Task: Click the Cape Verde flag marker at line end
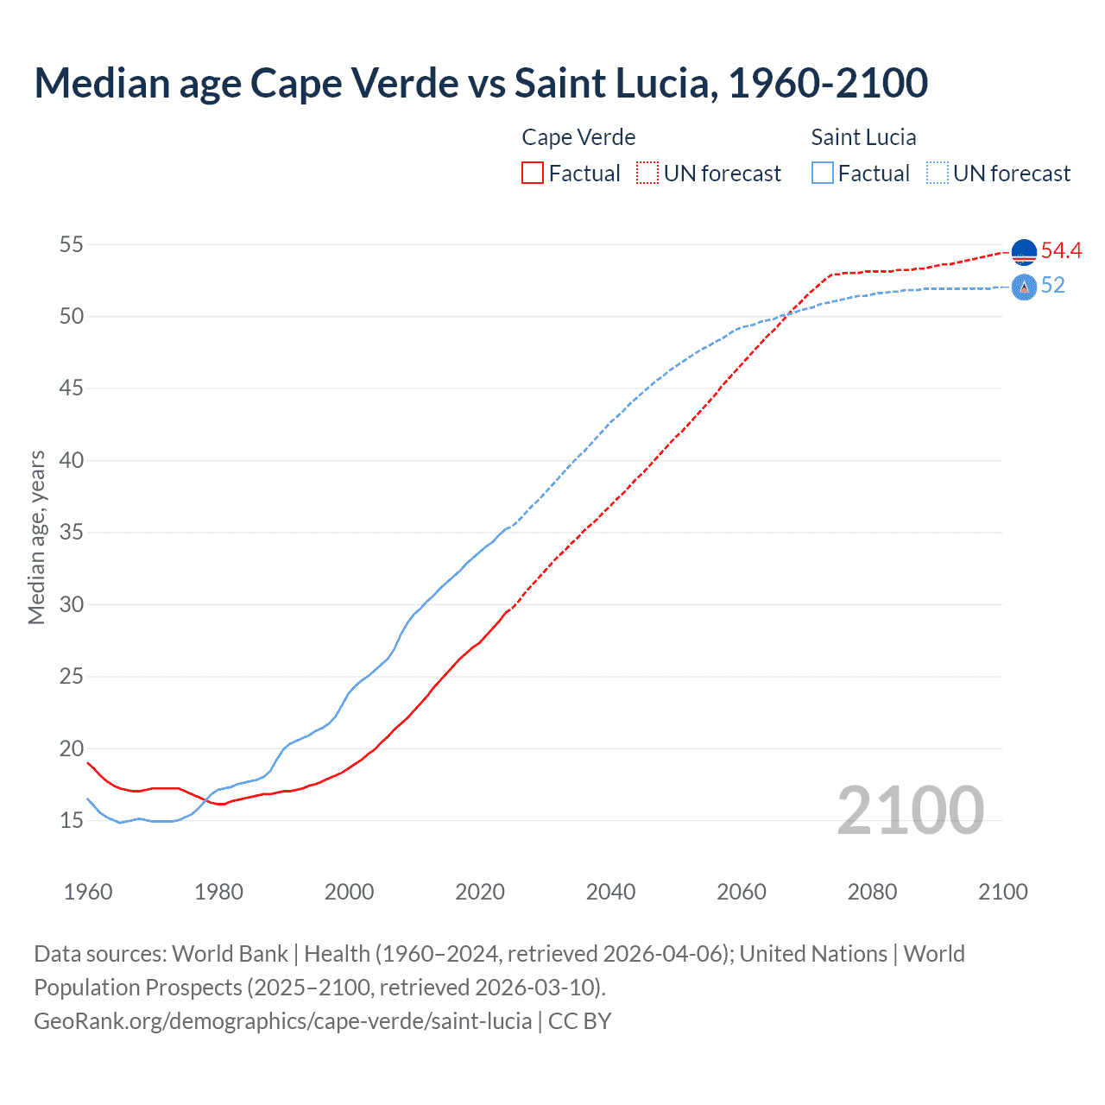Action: tap(1024, 251)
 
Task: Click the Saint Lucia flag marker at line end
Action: tap(1024, 287)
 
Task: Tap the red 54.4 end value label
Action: tap(1061, 251)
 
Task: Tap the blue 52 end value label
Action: tap(1052, 286)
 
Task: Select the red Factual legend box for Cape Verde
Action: tap(533, 174)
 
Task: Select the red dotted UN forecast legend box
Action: tap(647, 174)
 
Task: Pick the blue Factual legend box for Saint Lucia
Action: tap(823, 174)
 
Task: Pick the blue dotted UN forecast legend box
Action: tap(938, 174)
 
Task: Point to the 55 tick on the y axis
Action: tap(72, 244)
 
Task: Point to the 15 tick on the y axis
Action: tap(72, 820)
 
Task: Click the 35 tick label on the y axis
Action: tap(72, 532)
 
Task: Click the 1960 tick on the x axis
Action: tap(88, 892)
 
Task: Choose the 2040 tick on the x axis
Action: tap(610, 892)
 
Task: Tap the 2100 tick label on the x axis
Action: tap(1003, 892)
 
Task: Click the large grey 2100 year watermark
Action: tap(911, 810)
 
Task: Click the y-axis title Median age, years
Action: tap(36, 537)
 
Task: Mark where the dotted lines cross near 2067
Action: tap(786, 315)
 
